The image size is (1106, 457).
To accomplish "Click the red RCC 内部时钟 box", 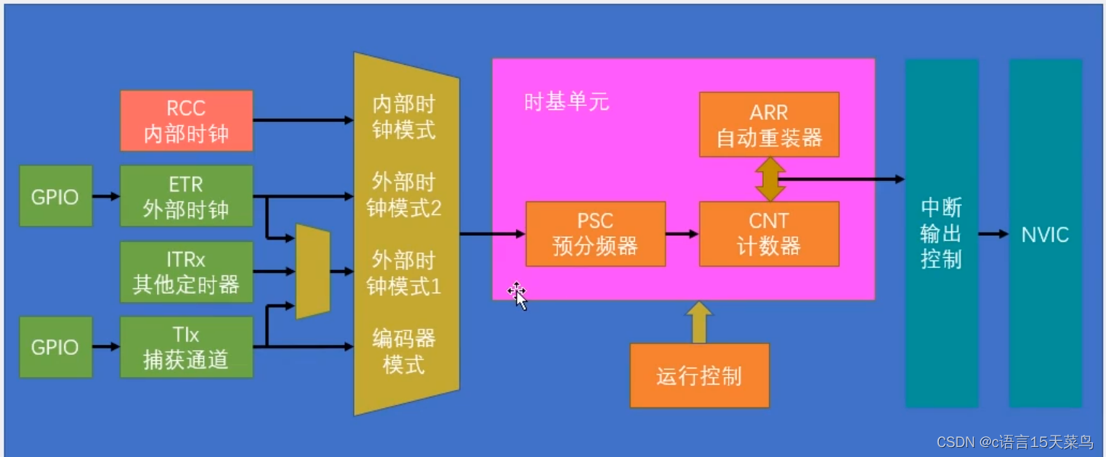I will tap(186, 121).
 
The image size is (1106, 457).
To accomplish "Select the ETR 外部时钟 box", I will tap(186, 196).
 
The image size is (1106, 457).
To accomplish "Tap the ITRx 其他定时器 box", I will tap(186, 272).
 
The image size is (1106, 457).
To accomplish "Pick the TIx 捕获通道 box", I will tap(186, 347).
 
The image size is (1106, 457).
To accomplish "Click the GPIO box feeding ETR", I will tap(55, 196).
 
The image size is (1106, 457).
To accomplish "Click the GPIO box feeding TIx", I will tap(55, 347).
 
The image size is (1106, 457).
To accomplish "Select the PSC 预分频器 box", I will tap(595, 234).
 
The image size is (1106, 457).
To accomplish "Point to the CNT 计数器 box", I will tap(768, 234).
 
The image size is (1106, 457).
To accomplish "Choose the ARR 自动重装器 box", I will tap(768, 125).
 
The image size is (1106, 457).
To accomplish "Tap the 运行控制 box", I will tap(699, 375).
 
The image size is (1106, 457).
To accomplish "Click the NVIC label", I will tap(1045, 234).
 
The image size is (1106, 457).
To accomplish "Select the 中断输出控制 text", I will tap(941, 233).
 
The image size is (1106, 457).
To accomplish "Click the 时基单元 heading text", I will tap(566, 102).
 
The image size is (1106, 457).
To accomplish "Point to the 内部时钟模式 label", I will tap(404, 116).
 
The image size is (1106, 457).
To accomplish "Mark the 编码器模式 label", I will tap(404, 350).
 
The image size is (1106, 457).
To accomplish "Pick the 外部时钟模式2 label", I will tap(404, 195).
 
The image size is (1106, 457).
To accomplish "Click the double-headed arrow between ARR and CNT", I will tap(768, 179).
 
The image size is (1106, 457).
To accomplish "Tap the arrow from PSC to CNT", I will tap(682, 234).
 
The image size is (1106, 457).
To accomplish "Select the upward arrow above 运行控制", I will tap(699, 321).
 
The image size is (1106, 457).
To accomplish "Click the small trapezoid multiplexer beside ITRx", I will tap(313, 272).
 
